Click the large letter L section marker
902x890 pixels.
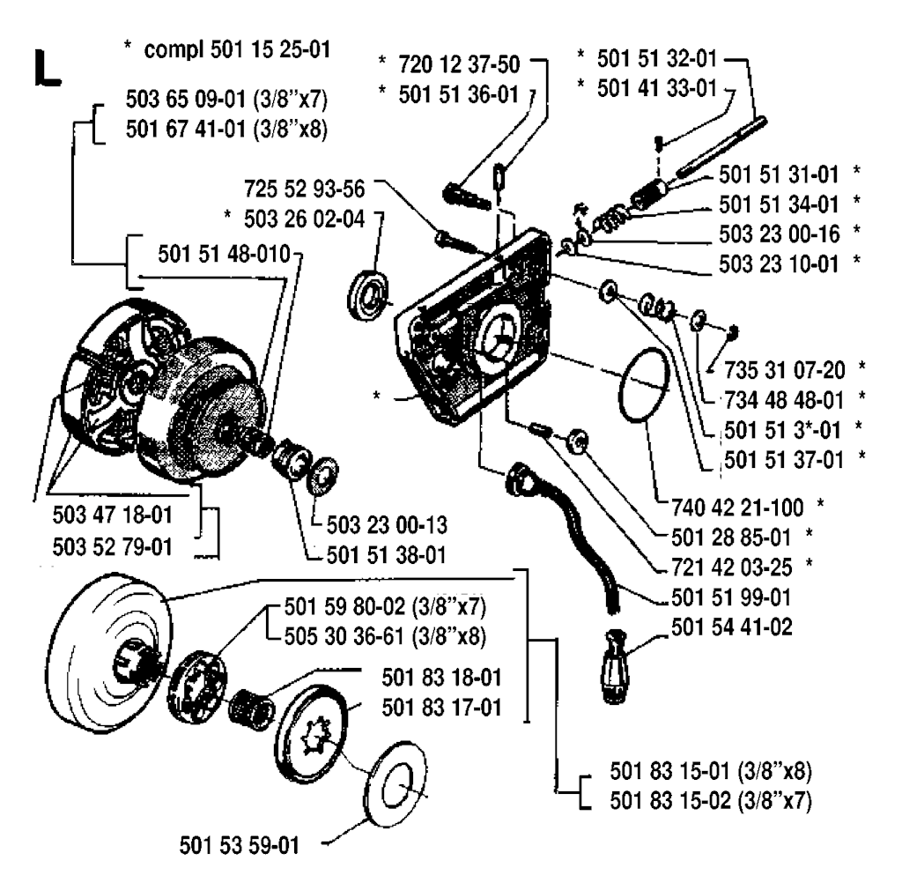click(48, 68)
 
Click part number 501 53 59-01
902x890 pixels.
click(240, 846)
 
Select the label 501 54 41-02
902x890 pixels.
click(732, 627)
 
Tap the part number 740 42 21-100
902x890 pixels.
click(737, 508)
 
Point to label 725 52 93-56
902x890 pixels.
click(304, 189)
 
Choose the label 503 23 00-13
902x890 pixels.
click(387, 525)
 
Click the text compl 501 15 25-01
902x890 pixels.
click(237, 49)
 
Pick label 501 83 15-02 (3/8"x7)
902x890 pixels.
click(711, 800)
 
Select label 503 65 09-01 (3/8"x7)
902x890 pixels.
click(226, 100)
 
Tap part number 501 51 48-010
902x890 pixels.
click(225, 254)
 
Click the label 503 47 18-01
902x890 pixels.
click(113, 515)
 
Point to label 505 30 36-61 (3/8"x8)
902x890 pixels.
click(386, 637)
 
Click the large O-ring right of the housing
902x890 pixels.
click(644, 384)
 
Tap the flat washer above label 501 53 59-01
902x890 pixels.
click(396, 784)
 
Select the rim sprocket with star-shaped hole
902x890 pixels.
click(313, 728)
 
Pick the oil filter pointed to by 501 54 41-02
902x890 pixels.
click(614, 666)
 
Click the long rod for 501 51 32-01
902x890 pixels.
click(721, 146)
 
